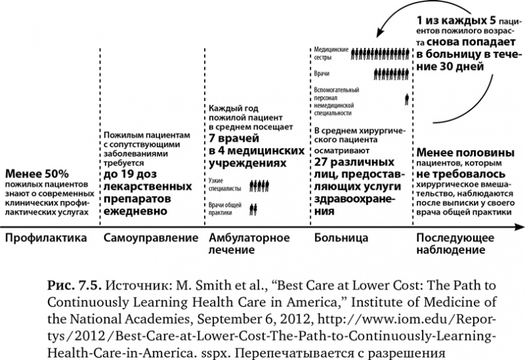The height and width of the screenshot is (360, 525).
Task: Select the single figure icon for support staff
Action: coord(406,100)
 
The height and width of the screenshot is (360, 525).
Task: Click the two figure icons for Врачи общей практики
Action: coord(253,209)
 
